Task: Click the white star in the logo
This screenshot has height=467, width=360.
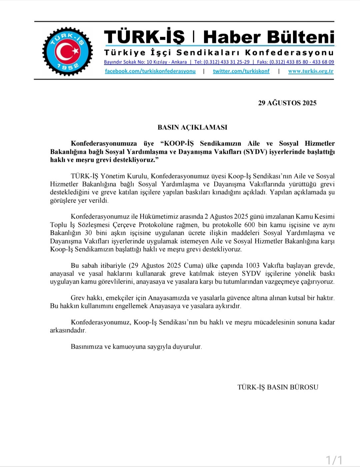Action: (x=75, y=51)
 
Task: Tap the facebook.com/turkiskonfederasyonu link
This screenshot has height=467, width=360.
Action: (x=150, y=71)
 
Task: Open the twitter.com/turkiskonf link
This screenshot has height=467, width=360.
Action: (x=241, y=71)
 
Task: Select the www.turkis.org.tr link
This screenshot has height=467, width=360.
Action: (x=311, y=71)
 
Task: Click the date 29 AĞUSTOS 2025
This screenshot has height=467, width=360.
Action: (x=287, y=103)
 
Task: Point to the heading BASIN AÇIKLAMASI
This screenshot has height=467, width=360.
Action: (x=192, y=127)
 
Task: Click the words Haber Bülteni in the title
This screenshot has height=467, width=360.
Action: (x=269, y=37)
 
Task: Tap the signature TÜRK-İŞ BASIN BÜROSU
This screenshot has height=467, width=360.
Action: (x=278, y=387)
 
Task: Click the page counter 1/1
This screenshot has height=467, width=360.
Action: (x=334, y=460)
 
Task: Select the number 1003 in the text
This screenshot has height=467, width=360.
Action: (x=252, y=266)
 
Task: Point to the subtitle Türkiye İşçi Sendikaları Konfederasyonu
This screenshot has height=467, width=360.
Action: (x=219, y=53)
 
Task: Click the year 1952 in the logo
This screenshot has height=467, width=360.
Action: (x=68, y=66)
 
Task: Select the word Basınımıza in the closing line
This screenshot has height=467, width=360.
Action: (x=86, y=347)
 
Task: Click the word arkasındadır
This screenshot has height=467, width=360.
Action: (x=68, y=330)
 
